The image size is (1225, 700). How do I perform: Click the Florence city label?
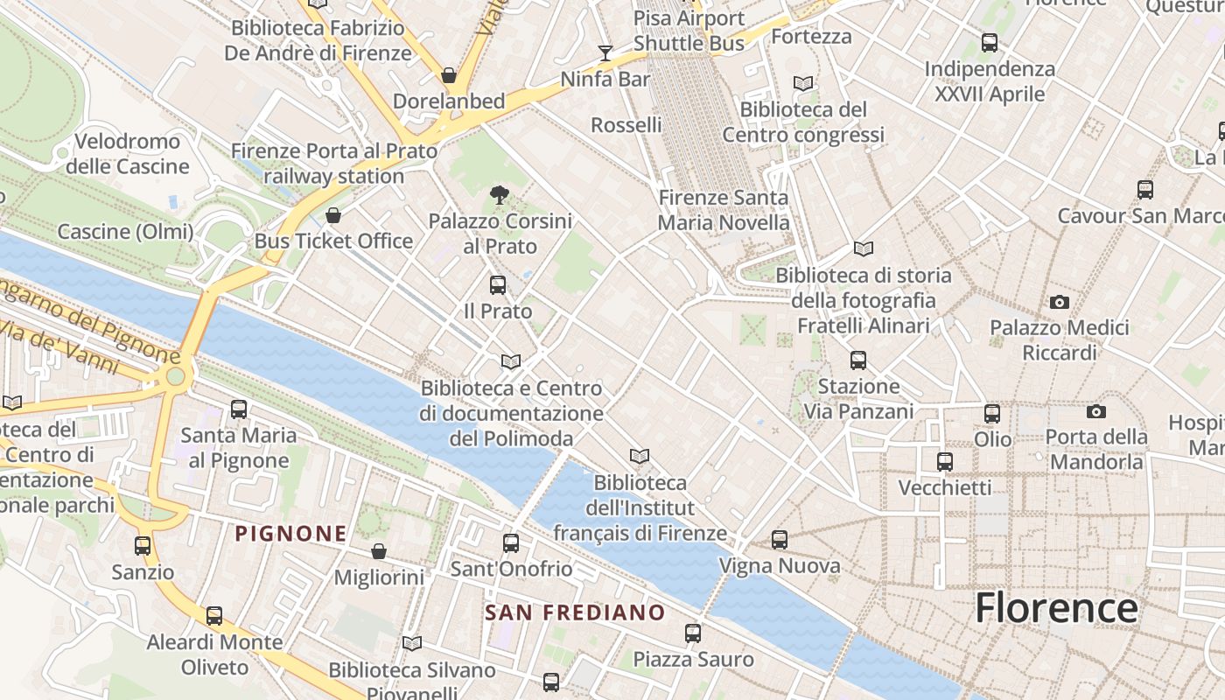click(x=1056, y=607)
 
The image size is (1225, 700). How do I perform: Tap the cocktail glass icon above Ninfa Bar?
click(x=605, y=53)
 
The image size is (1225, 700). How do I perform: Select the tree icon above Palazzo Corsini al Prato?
click(x=500, y=195)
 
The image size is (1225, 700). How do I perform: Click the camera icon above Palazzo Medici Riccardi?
click(x=1060, y=302)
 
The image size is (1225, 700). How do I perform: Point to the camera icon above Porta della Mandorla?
click(x=1095, y=411)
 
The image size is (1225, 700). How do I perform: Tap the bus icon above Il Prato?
click(x=498, y=284)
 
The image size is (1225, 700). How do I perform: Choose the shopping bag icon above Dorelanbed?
click(x=449, y=75)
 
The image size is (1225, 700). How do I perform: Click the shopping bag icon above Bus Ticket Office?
click(x=333, y=215)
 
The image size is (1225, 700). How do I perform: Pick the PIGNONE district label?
click(x=290, y=533)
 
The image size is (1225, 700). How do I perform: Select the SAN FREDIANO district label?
click(x=575, y=612)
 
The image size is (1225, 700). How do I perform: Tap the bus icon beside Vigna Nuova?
click(x=780, y=540)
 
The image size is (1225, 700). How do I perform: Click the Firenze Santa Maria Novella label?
click(x=724, y=210)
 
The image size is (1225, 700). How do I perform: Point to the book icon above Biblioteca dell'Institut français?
click(x=640, y=456)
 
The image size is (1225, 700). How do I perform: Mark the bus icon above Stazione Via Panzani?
click(x=858, y=360)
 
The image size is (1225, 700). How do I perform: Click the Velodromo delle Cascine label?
click(x=128, y=153)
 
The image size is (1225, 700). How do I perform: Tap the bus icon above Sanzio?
click(x=143, y=546)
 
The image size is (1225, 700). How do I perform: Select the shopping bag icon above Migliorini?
click(x=379, y=551)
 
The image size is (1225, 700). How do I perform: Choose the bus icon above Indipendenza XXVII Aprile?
click(x=990, y=42)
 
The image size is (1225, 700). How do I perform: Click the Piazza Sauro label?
click(x=693, y=659)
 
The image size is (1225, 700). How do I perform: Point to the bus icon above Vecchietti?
click(x=945, y=461)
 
